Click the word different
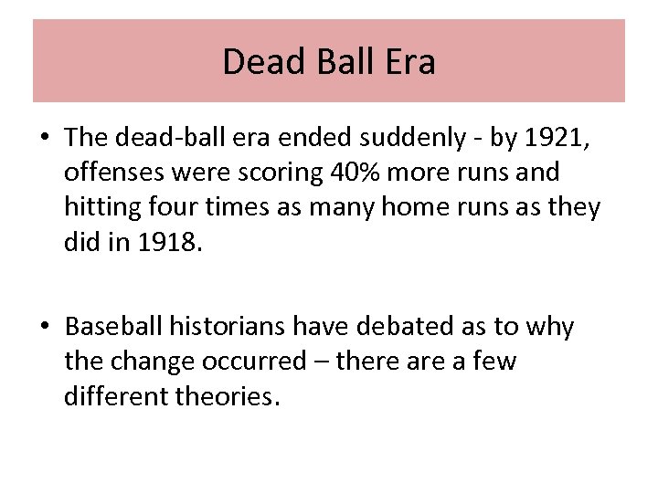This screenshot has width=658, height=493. coord(110,396)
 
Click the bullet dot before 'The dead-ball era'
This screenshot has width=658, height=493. coord(44,139)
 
